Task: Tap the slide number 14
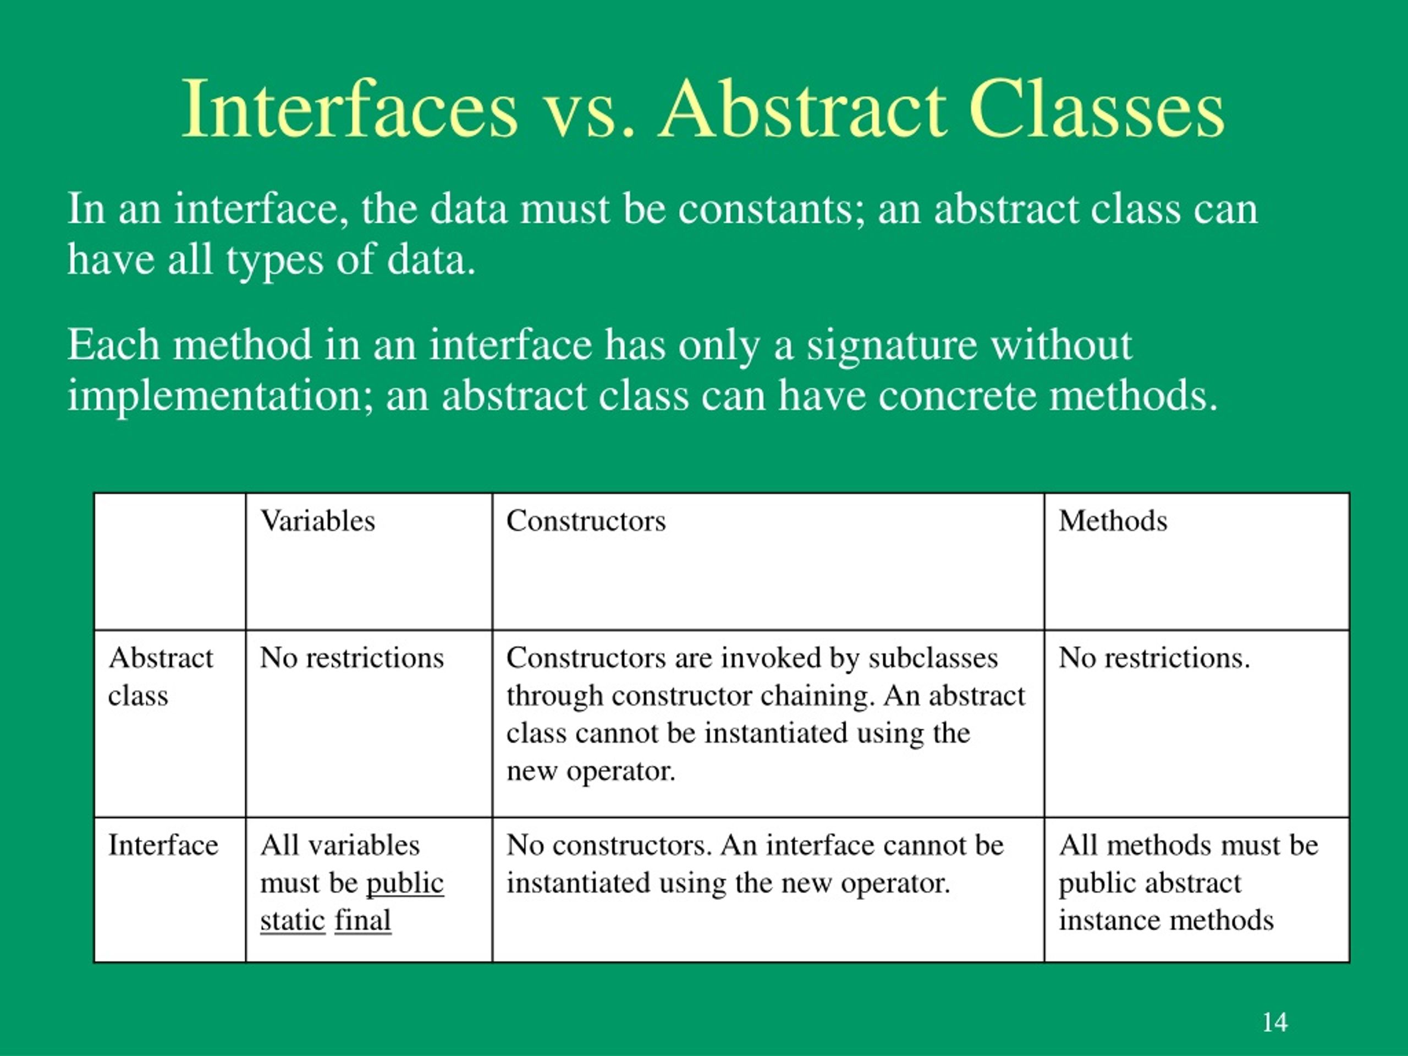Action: (1274, 1022)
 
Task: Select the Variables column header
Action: (318, 521)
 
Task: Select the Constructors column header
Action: (586, 521)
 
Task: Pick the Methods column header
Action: (1113, 521)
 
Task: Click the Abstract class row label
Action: (161, 676)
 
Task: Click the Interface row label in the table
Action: (163, 845)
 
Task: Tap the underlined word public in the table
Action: (405, 883)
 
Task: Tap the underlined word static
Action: (293, 920)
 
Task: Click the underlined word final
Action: (363, 920)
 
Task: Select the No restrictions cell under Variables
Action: (351, 658)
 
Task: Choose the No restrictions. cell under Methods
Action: (1154, 658)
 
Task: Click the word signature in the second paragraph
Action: (892, 345)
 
